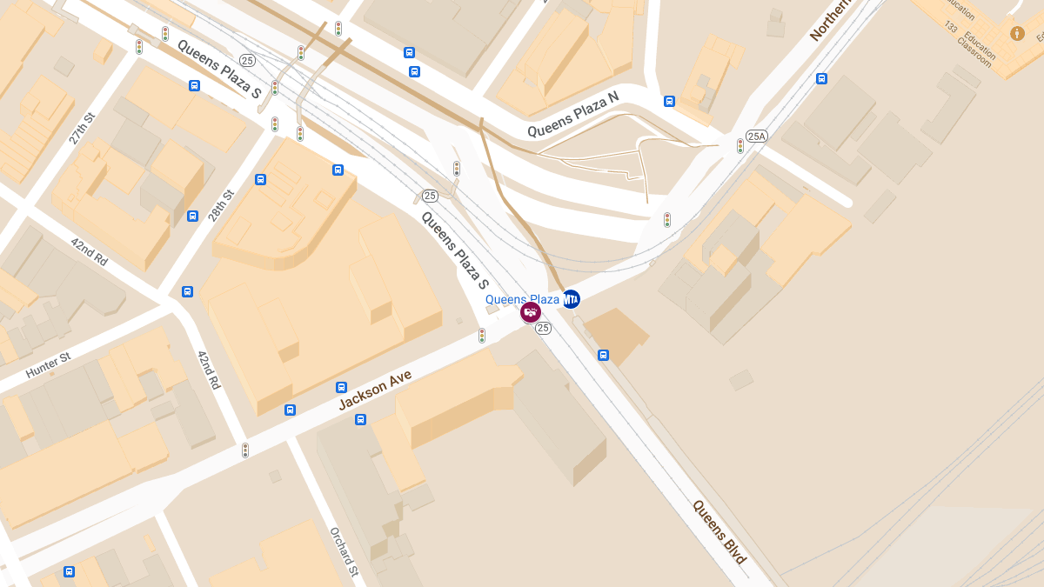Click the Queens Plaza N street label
pyautogui.click(x=572, y=118)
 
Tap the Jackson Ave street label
pyautogui.click(x=375, y=389)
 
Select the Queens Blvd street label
pyautogui.click(x=719, y=531)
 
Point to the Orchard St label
pyautogui.click(x=344, y=551)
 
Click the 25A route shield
pyautogui.click(x=757, y=136)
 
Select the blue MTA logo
pyautogui.click(x=571, y=299)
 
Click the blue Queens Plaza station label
pyautogui.click(x=522, y=299)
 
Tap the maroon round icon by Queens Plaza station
pyautogui.click(x=531, y=311)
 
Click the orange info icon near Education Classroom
pyautogui.click(x=1017, y=33)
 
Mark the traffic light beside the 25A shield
pyautogui.click(x=740, y=145)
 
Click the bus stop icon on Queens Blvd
pyautogui.click(x=603, y=355)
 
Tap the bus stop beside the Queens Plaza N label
pyautogui.click(x=669, y=101)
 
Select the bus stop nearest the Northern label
pyautogui.click(x=821, y=78)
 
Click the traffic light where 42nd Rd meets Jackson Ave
pyautogui.click(x=245, y=450)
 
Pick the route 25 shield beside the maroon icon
pyautogui.click(x=544, y=328)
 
